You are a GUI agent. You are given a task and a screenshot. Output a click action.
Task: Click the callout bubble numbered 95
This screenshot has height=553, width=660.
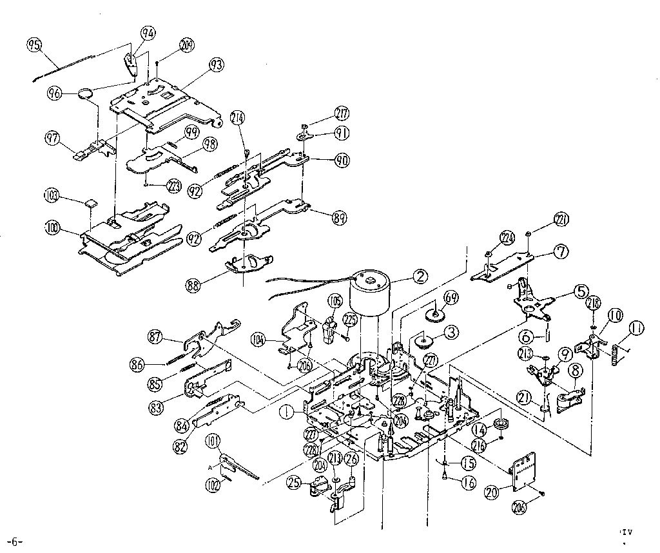(x=34, y=44)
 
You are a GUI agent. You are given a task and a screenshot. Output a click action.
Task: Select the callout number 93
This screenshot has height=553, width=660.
(x=216, y=65)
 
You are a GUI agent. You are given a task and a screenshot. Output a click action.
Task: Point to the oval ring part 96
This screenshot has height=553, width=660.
(x=86, y=94)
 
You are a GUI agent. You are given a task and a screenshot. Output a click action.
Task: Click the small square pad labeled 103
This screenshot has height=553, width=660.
(x=91, y=202)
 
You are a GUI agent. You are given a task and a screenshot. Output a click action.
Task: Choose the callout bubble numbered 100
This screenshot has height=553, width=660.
(x=53, y=227)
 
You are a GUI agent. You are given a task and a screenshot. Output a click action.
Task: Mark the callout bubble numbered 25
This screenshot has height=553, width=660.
(x=295, y=481)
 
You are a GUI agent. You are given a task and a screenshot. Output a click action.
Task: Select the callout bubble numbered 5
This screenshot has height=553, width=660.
(x=581, y=291)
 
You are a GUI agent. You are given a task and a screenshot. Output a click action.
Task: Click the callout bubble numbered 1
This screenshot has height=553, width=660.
(x=284, y=408)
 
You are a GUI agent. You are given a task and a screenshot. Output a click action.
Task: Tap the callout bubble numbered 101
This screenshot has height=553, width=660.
(x=213, y=442)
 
